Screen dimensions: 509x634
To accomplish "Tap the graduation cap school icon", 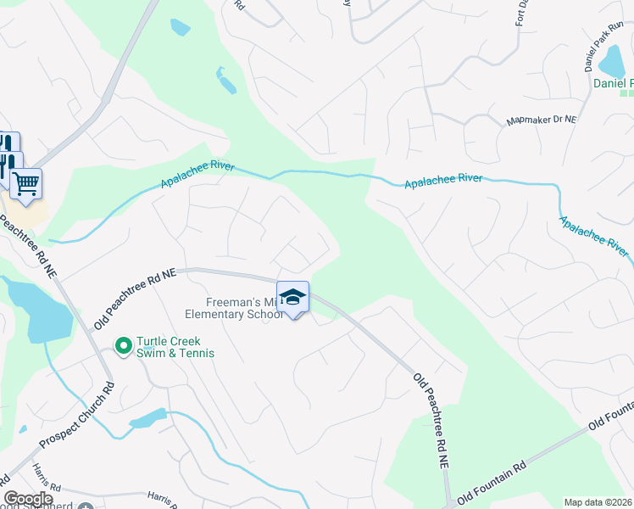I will click(293, 298).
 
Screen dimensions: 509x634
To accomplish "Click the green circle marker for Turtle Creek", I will click(123, 345).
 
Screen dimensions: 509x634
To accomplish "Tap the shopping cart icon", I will click(25, 182).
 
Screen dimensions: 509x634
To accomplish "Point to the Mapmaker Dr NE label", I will click(541, 121).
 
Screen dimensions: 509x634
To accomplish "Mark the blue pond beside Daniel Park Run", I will click(611, 60).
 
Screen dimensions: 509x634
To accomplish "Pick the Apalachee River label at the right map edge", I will click(594, 235).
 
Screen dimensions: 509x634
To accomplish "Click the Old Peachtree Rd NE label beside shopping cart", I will click(29, 248).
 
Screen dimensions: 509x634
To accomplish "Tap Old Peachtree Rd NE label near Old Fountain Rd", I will click(431, 421).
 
